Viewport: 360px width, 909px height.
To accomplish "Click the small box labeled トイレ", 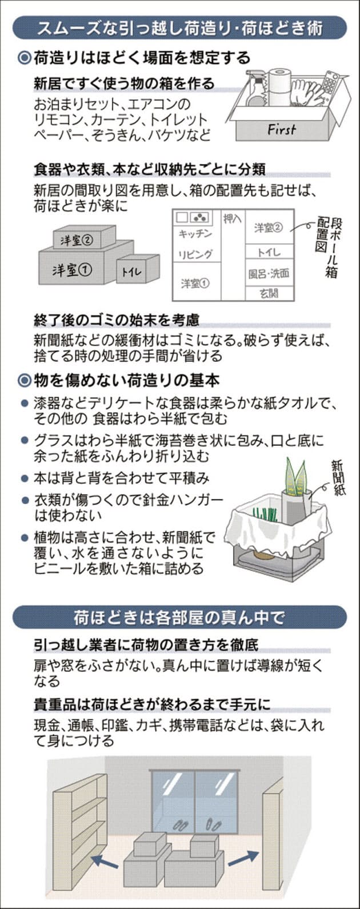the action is point(138,269).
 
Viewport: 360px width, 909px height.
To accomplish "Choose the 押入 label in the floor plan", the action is point(233,219).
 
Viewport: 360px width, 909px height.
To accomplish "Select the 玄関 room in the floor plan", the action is point(269,293).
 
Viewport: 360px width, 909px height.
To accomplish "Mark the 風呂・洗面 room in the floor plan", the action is point(269,274).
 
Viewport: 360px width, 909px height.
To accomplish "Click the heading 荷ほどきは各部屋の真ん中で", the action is point(179,618).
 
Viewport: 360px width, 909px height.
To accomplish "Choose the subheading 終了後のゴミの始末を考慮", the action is point(117,320).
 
